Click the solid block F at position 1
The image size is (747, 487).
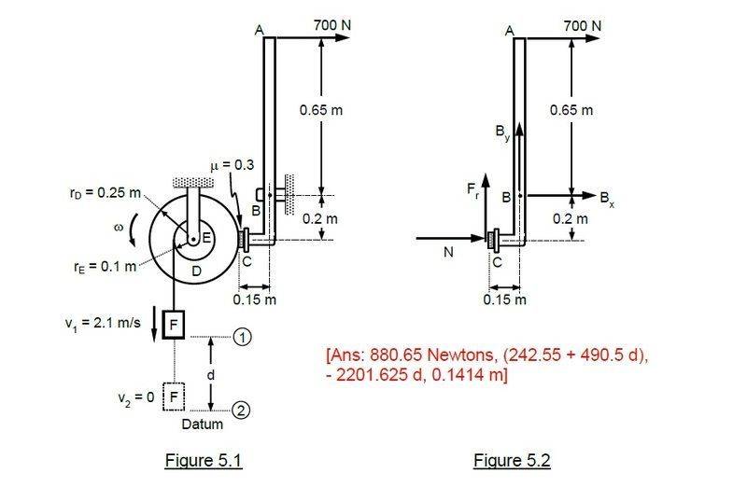174,324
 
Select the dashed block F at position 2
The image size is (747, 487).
174,397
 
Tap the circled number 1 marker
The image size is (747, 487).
242,337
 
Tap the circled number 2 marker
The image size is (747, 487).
241,410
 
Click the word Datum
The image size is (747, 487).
202,424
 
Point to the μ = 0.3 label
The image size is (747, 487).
232,165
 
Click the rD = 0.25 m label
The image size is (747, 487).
105,193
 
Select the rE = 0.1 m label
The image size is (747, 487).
105,266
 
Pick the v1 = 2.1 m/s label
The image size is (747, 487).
103,323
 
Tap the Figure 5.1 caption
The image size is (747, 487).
204,460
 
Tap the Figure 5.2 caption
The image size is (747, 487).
512,460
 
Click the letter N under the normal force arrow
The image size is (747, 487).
448,252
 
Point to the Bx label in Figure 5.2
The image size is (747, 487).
607,198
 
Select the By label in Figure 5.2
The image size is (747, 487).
502,132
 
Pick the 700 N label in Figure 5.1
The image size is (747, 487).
332,25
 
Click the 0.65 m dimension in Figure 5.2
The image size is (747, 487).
571,110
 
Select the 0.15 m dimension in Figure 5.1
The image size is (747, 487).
254,299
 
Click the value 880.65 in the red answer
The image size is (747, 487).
396,355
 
